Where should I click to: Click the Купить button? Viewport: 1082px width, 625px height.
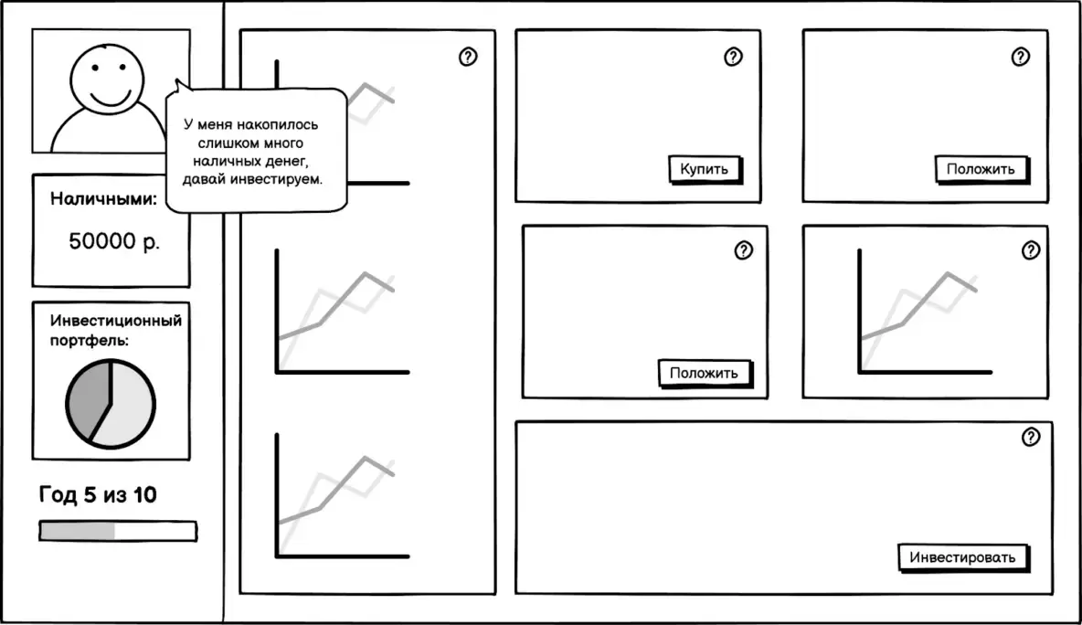pos(704,169)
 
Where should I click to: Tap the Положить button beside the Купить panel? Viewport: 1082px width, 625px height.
pos(981,169)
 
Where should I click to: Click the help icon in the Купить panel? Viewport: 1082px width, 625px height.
pos(733,58)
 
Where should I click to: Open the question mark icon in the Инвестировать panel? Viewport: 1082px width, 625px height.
pos(1031,437)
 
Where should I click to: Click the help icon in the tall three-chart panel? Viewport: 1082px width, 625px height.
pos(468,58)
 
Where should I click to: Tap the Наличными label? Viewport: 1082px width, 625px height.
pos(102,198)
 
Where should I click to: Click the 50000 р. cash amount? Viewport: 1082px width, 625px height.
pos(114,242)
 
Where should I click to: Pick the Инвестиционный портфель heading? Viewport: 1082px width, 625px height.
pos(115,330)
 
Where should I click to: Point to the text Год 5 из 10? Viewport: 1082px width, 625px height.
pos(98,495)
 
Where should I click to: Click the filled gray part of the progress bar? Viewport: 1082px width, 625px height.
pos(77,531)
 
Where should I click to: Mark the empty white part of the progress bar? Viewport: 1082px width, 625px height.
pos(154,531)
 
